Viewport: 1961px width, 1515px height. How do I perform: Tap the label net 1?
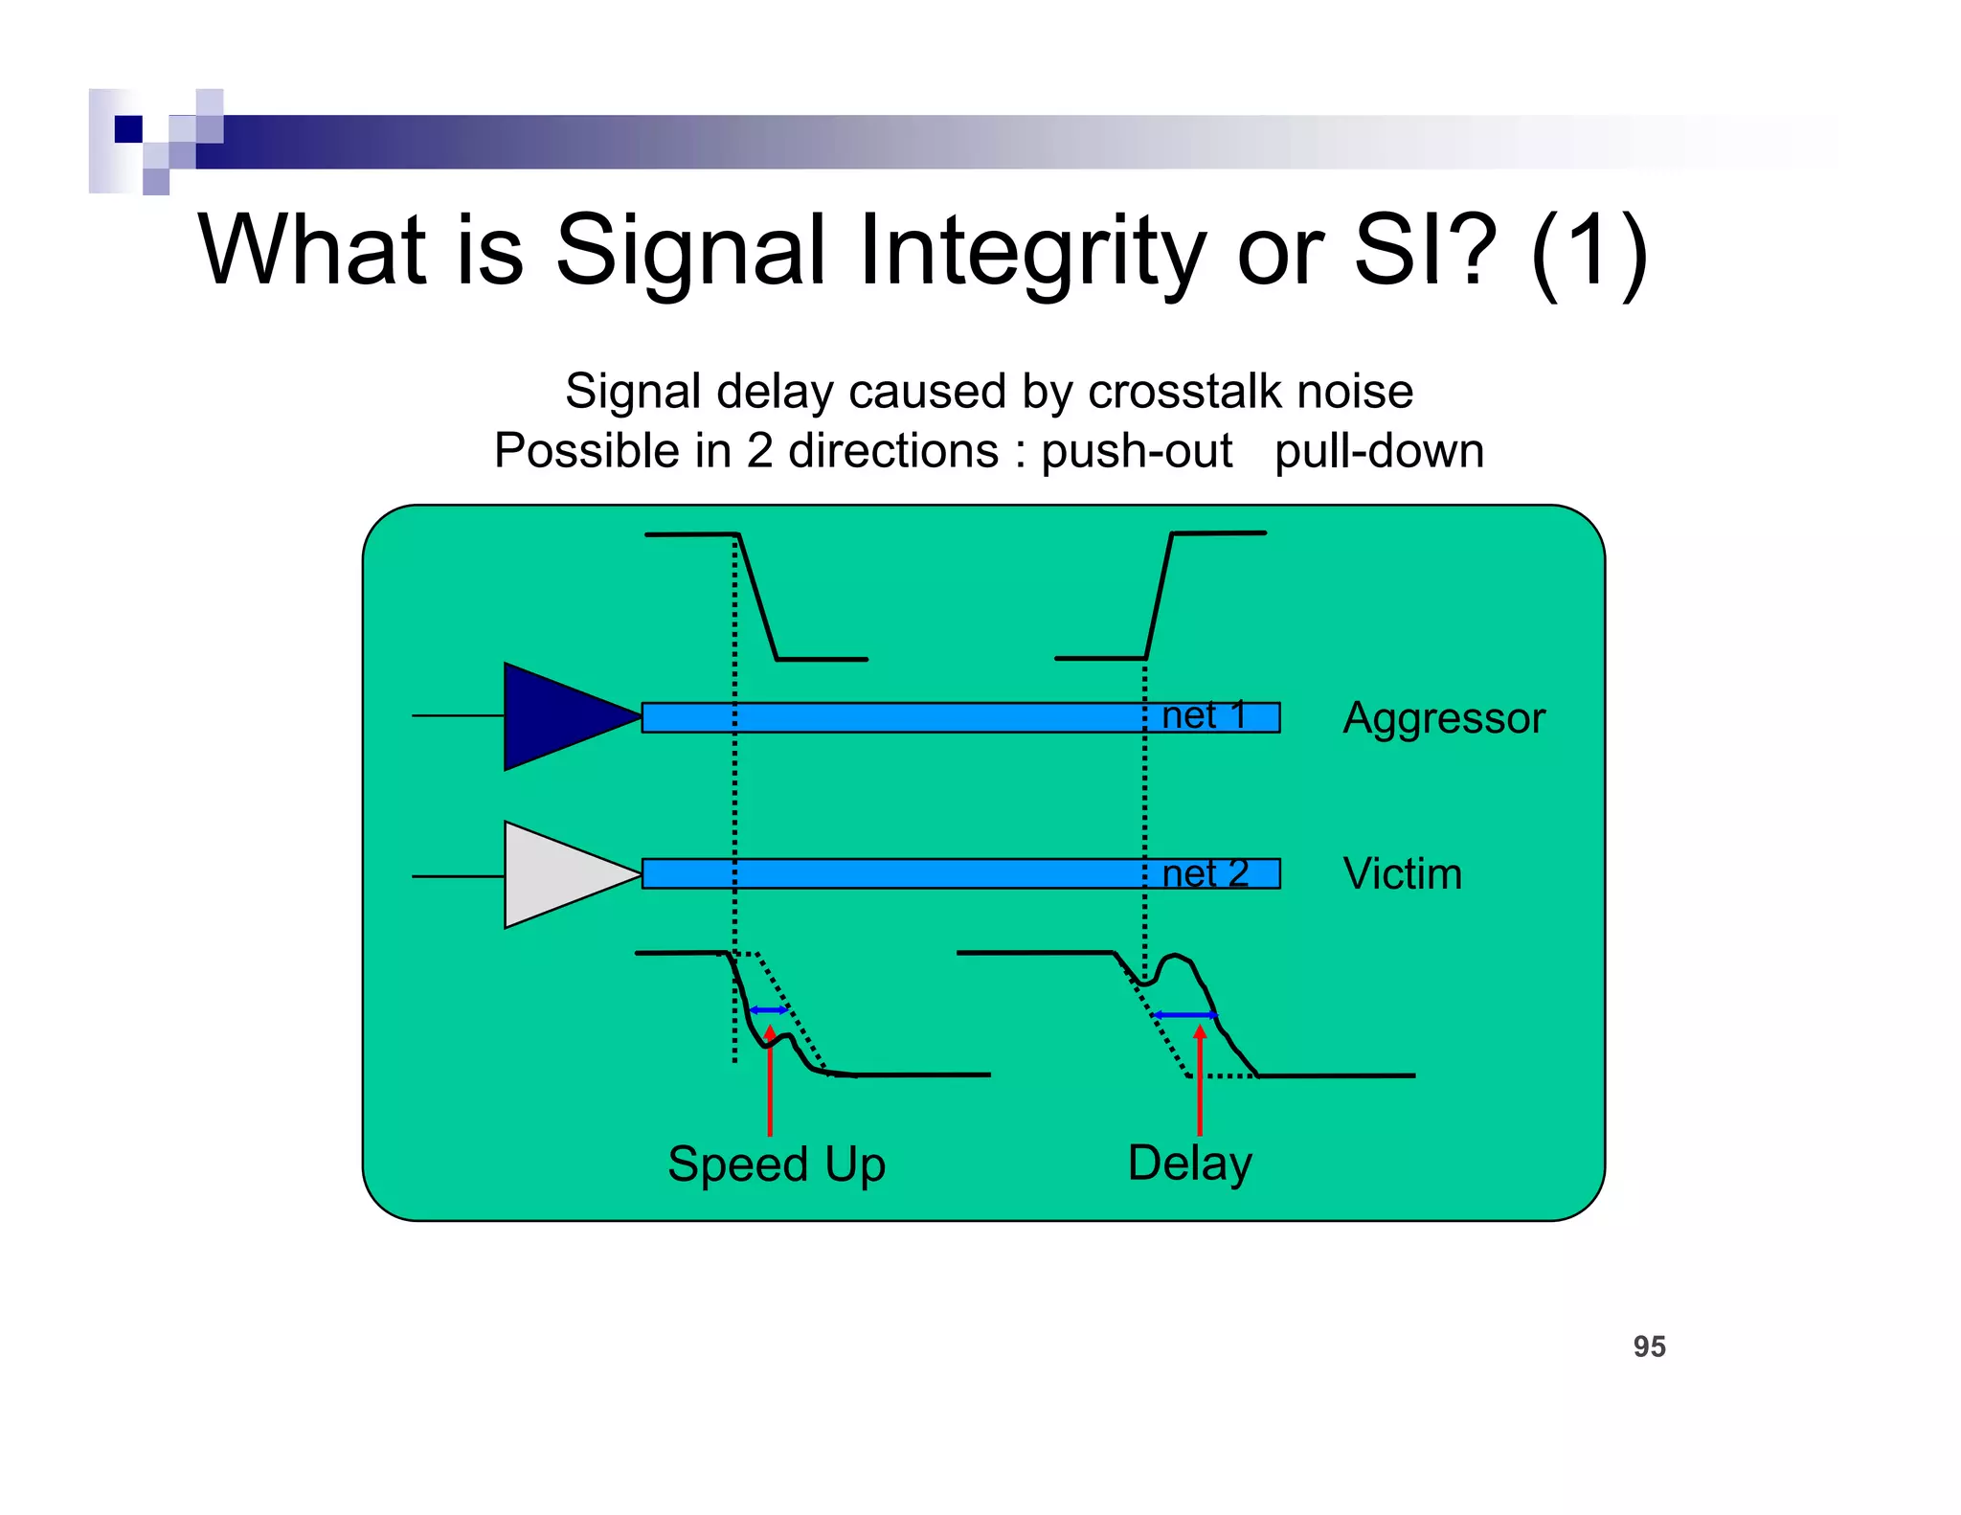pos(1204,715)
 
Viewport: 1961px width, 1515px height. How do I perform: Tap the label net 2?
pos(1205,873)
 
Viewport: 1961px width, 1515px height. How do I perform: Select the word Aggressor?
pos(1443,718)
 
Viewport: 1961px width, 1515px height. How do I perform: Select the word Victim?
pos(1402,873)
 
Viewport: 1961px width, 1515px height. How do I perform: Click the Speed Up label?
pos(776,1165)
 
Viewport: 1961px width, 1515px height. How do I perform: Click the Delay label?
pos(1189,1164)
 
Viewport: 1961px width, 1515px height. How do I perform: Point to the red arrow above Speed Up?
pos(770,1082)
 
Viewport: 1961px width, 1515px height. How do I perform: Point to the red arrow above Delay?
pos(1200,1082)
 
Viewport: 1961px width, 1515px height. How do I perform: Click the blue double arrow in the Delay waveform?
pos(1185,1014)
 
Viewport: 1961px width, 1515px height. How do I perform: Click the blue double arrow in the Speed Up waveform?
pos(769,1010)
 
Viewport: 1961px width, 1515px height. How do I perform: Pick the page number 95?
pos(1649,1346)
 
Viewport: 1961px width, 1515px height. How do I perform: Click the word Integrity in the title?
pos(1031,251)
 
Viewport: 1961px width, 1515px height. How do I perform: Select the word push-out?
pos(1137,451)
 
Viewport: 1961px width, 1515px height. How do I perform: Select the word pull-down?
pos(1379,451)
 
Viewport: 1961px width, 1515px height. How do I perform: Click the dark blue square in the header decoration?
pos(128,129)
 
